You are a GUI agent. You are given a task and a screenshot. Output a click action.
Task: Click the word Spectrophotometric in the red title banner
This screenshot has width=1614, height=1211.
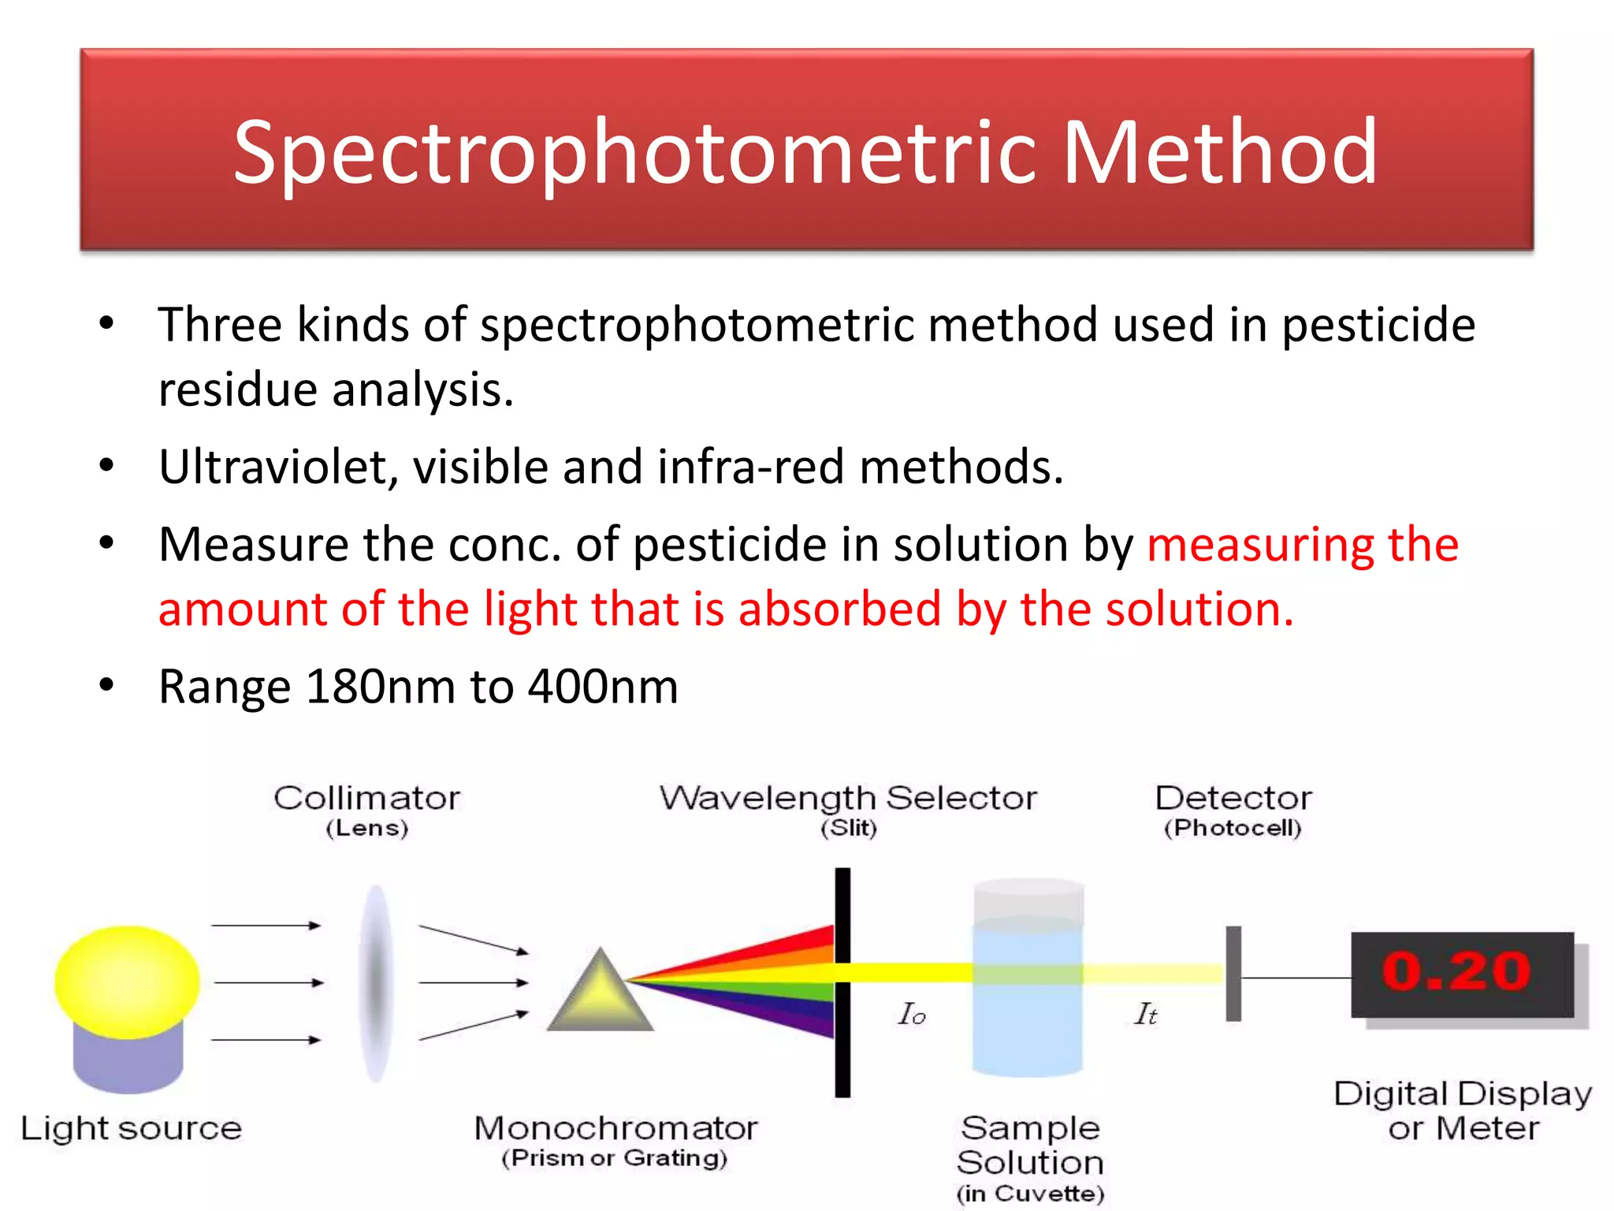click(x=635, y=154)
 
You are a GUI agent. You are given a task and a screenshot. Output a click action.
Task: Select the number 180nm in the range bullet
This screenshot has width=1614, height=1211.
click(x=381, y=686)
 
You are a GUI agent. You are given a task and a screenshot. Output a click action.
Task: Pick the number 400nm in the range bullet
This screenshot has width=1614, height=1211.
click(x=603, y=686)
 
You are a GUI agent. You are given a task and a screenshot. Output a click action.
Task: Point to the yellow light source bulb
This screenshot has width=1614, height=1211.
click(x=127, y=981)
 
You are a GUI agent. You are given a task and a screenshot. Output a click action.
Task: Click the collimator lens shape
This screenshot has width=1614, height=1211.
click(x=376, y=982)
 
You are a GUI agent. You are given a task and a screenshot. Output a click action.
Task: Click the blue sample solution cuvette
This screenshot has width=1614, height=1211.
click(x=1028, y=993)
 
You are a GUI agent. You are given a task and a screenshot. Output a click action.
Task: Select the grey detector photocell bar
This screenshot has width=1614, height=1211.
click(x=1233, y=974)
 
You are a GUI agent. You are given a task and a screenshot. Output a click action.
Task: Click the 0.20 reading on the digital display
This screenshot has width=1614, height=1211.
click(x=1456, y=971)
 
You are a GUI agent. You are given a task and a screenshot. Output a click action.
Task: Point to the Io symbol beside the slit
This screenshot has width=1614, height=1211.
click(x=911, y=1014)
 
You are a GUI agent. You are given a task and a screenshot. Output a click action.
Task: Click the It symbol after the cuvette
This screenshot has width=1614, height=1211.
click(x=1145, y=1014)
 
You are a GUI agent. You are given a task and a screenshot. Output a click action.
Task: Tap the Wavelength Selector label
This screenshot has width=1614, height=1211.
click(x=848, y=798)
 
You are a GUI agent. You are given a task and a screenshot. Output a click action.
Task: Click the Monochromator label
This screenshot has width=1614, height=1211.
click(x=615, y=1128)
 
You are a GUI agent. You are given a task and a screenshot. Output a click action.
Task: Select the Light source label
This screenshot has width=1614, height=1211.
click(x=131, y=1128)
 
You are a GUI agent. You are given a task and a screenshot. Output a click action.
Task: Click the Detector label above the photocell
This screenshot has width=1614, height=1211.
click(x=1233, y=798)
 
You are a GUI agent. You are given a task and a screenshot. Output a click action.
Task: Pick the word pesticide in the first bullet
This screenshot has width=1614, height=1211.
click(x=1378, y=325)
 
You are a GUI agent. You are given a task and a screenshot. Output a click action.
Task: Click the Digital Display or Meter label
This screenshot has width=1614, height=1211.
click(x=1463, y=1111)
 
